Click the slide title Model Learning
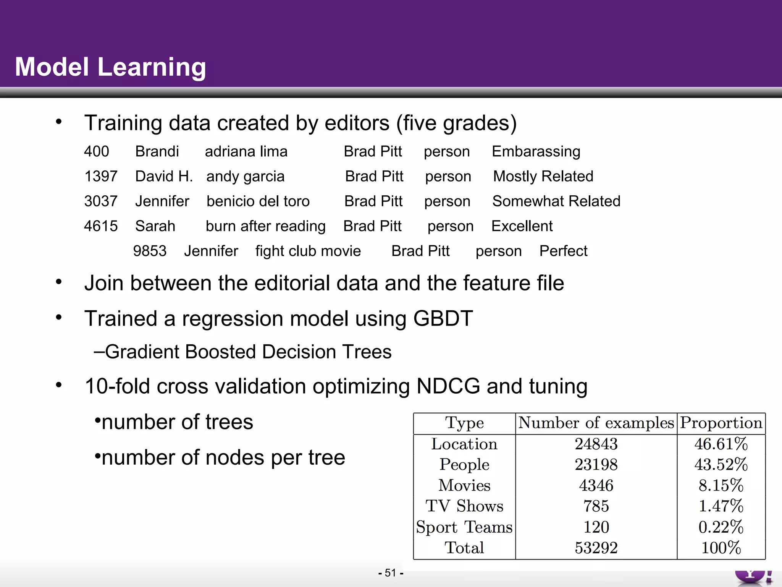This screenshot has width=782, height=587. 110,67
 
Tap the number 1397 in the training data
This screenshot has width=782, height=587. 100,177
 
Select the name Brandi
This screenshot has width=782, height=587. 157,152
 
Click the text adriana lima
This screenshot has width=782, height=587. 246,152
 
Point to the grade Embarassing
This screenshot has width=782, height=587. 536,152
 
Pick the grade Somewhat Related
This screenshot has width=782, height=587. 556,201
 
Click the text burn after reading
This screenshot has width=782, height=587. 265,226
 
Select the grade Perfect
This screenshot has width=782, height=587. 563,251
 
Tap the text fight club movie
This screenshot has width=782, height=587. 308,251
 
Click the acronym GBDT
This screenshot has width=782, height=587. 443,318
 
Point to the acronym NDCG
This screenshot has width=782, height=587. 448,386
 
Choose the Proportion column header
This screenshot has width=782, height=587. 721,423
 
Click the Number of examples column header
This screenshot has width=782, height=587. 596,423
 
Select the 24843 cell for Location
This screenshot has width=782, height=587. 596,444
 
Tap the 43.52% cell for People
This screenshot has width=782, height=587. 721,465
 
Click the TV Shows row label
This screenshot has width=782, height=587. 464,506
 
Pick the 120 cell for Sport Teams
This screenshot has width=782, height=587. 596,527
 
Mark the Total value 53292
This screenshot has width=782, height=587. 596,548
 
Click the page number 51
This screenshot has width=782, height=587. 390,573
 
